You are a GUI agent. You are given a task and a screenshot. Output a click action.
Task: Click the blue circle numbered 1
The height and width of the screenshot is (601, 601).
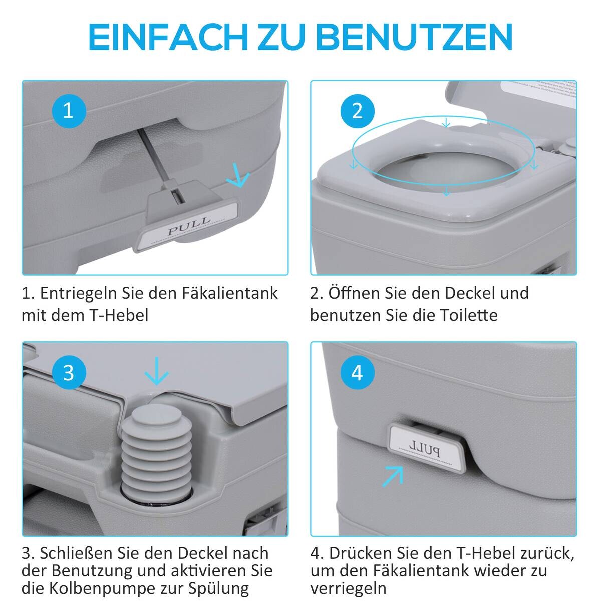pyautogui.click(x=69, y=110)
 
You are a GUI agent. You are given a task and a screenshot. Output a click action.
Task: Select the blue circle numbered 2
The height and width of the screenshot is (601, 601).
pyautogui.click(x=357, y=110)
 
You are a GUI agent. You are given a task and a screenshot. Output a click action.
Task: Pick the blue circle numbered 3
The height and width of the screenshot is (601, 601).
pyautogui.click(x=69, y=373)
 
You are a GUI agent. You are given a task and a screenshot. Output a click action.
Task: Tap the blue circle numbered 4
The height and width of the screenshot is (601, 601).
pyautogui.click(x=357, y=373)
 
